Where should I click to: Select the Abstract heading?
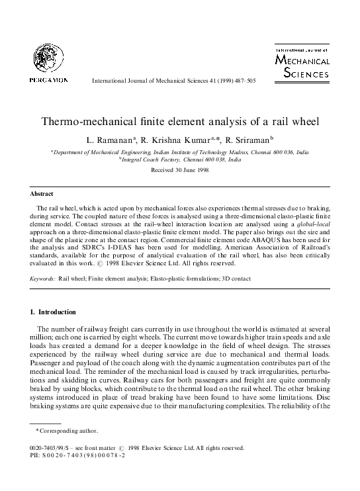click(43, 194)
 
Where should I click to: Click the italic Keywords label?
click(42, 280)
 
